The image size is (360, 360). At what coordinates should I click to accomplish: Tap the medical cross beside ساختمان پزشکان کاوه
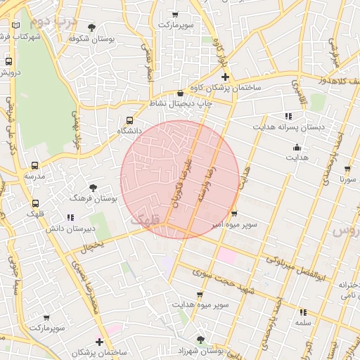coord(225,77)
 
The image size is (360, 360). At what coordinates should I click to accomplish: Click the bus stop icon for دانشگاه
coord(129,120)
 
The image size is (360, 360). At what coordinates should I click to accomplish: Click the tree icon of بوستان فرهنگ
coord(93,187)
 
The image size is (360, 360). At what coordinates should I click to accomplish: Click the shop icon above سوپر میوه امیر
coord(234,214)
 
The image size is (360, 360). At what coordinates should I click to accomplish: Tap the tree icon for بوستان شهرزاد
coord(200,340)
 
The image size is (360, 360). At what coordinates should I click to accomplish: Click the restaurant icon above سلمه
coord(303,311)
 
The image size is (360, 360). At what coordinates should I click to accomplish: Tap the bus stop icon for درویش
coord(8,61)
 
